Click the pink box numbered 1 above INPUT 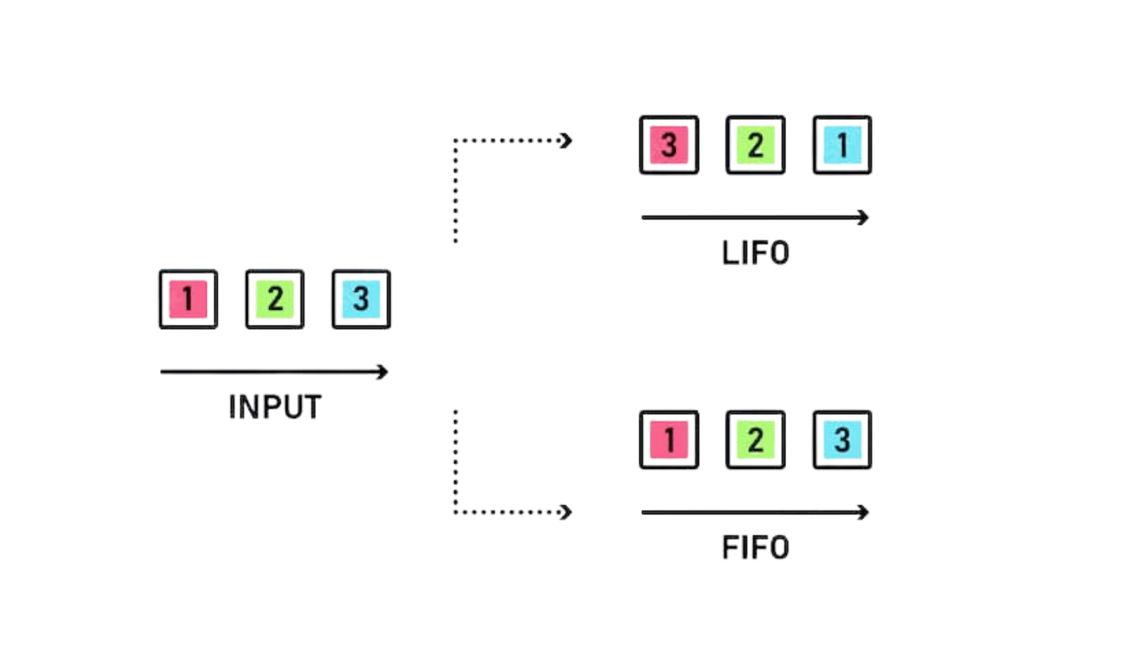point(188,299)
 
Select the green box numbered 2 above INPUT point(275,299)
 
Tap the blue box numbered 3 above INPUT point(361,299)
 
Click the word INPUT point(275,407)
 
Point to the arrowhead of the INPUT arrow point(383,372)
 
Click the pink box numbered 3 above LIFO point(669,145)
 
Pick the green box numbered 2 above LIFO point(756,145)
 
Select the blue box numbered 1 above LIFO point(842,145)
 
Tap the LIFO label point(756,253)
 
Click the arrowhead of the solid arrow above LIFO point(864,217)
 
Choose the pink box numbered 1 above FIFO point(669,440)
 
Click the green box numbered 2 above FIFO point(756,440)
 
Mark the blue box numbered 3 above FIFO point(842,440)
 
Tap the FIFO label point(756,548)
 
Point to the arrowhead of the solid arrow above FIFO point(864,512)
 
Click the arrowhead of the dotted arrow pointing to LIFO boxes point(566,141)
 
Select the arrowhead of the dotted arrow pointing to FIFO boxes point(566,512)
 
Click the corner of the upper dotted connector point(455,141)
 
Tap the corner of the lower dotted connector point(455,512)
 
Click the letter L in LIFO point(730,253)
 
